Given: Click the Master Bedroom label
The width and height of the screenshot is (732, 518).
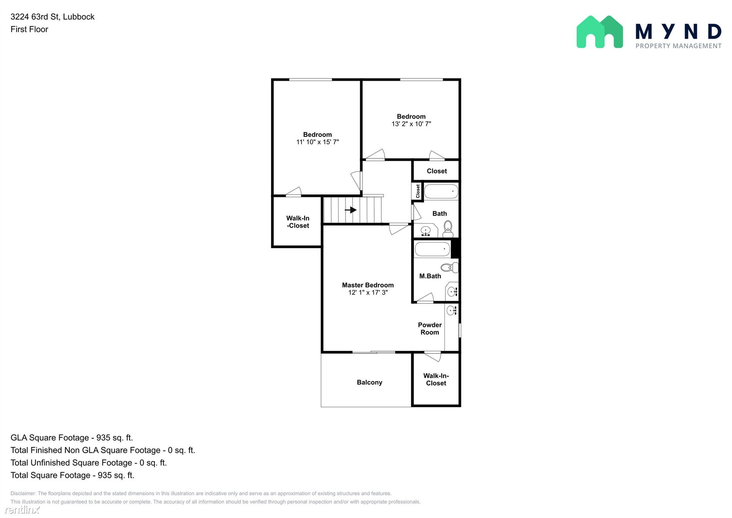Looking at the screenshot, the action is pos(368,285).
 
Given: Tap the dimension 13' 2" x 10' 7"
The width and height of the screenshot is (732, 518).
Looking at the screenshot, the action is pos(411,124).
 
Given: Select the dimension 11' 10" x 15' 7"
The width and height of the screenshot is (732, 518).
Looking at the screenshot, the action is pos(317,142).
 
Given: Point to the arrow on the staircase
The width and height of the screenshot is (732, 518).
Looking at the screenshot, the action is pos(351,210).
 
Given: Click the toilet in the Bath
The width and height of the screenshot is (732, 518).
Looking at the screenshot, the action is pos(448,228).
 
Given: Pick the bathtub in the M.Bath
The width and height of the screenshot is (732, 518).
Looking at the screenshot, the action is pos(432,249).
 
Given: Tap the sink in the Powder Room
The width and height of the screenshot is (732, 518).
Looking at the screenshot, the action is pos(452,310).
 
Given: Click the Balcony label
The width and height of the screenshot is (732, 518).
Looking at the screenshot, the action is pos(369,382).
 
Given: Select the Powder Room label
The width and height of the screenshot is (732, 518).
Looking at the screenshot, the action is pos(430,328).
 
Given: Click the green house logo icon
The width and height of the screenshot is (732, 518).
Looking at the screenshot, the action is pos(600,32).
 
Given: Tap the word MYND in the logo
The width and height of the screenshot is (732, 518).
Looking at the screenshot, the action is pos(678,31).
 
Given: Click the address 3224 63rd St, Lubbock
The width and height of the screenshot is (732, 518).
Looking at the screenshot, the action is pos(52,17).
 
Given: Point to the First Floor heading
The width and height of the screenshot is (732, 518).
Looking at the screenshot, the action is pos(29,29).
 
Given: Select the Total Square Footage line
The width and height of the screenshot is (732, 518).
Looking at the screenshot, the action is pos(72,475).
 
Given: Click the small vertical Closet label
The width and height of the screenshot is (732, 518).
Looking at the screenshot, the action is pos(417,191).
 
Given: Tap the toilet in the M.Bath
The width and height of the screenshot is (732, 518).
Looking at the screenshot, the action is pos(450,268).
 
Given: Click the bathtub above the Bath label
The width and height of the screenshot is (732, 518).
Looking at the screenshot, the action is pos(441,192).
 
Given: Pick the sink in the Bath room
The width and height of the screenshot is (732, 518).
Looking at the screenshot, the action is pos(425,231).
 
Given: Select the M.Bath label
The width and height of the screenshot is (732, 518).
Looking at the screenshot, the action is pos(430,276).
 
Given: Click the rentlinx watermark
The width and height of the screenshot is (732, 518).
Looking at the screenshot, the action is pos(22,509).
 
